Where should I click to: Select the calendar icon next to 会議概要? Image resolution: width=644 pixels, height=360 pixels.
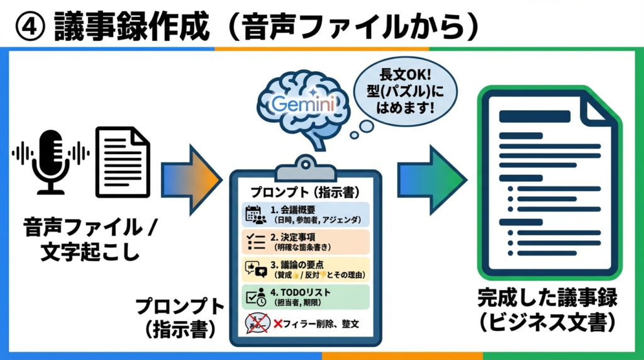(253, 214)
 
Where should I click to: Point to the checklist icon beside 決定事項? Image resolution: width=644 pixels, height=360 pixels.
(253, 242)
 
